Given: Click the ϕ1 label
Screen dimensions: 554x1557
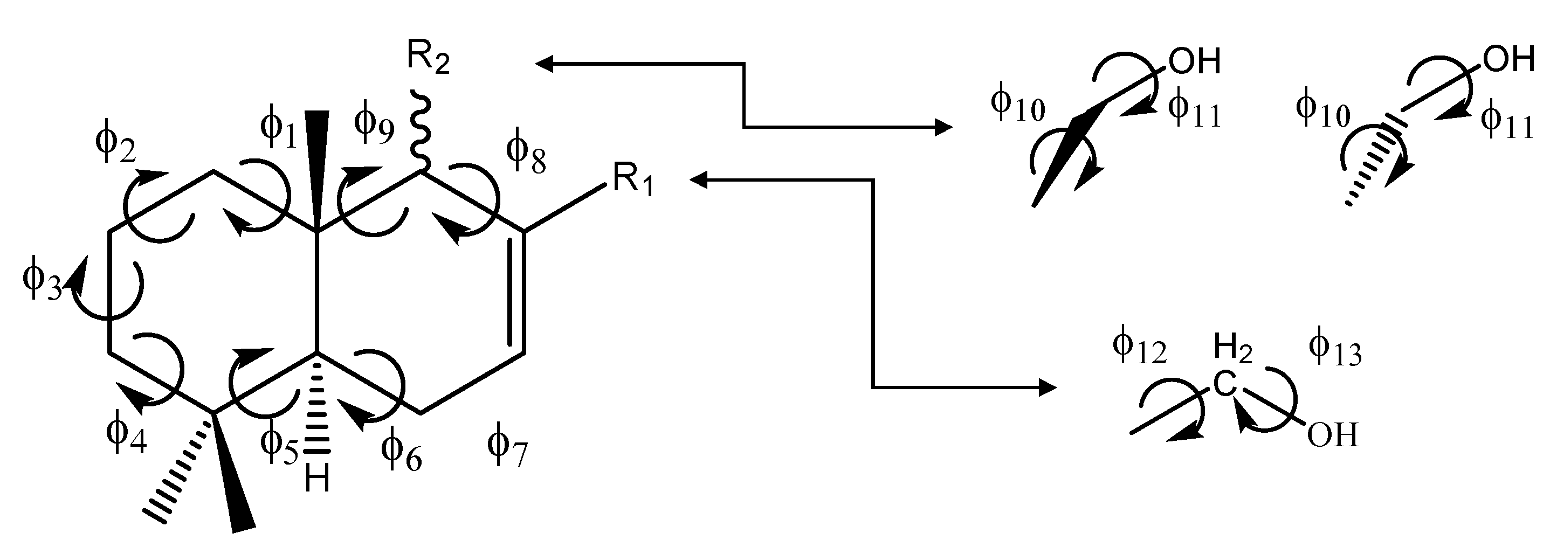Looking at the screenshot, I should pos(279,130).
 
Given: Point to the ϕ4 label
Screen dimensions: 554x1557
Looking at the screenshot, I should pos(126,437).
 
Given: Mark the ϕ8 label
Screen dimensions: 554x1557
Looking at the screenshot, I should pos(526,155).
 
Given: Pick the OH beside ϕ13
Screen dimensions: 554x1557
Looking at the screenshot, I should pos(1332,435).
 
